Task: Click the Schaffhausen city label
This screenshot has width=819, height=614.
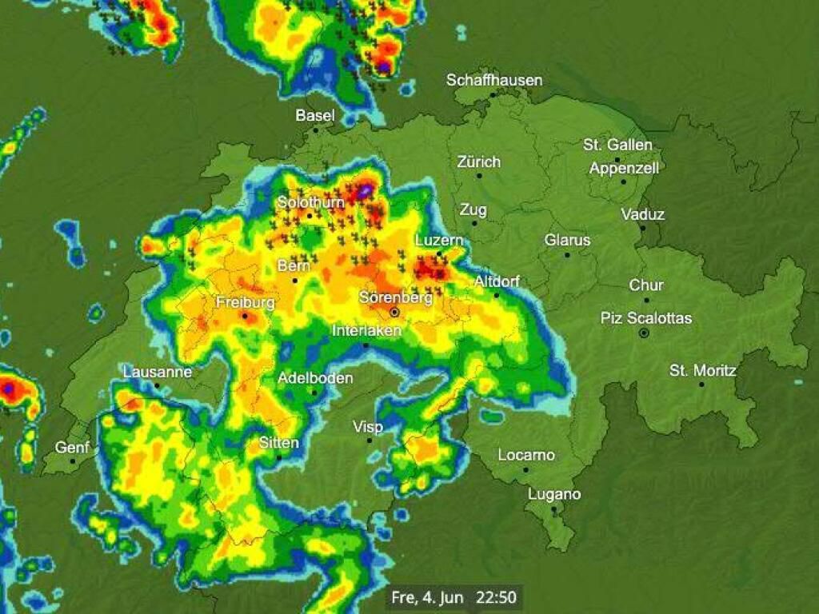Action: click(494, 80)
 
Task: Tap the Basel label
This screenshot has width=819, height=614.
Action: click(315, 115)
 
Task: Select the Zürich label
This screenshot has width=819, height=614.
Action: click(478, 161)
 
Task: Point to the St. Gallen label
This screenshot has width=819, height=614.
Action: click(617, 145)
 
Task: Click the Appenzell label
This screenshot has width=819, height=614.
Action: click(624, 168)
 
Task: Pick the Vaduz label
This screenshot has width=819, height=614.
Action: click(642, 214)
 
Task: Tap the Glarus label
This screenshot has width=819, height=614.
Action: click(567, 240)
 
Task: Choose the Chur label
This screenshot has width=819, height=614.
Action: click(646, 285)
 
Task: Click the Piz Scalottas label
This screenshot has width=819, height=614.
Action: click(646, 318)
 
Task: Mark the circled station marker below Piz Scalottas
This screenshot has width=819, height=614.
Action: click(644, 333)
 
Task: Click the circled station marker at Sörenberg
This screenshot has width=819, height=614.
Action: click(394, 312)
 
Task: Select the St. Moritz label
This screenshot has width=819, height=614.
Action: click(703, 370)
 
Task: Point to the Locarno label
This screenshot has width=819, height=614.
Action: click(526, 455)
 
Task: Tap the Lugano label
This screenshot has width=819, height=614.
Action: click(554, 494)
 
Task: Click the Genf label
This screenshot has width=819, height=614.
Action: click(73, 448)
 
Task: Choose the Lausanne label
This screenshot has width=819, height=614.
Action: click(158, 372)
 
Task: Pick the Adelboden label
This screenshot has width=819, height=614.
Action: click(315, 378)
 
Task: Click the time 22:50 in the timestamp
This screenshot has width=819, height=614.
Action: click(496, 596)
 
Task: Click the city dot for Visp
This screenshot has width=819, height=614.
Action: click(370, 441)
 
